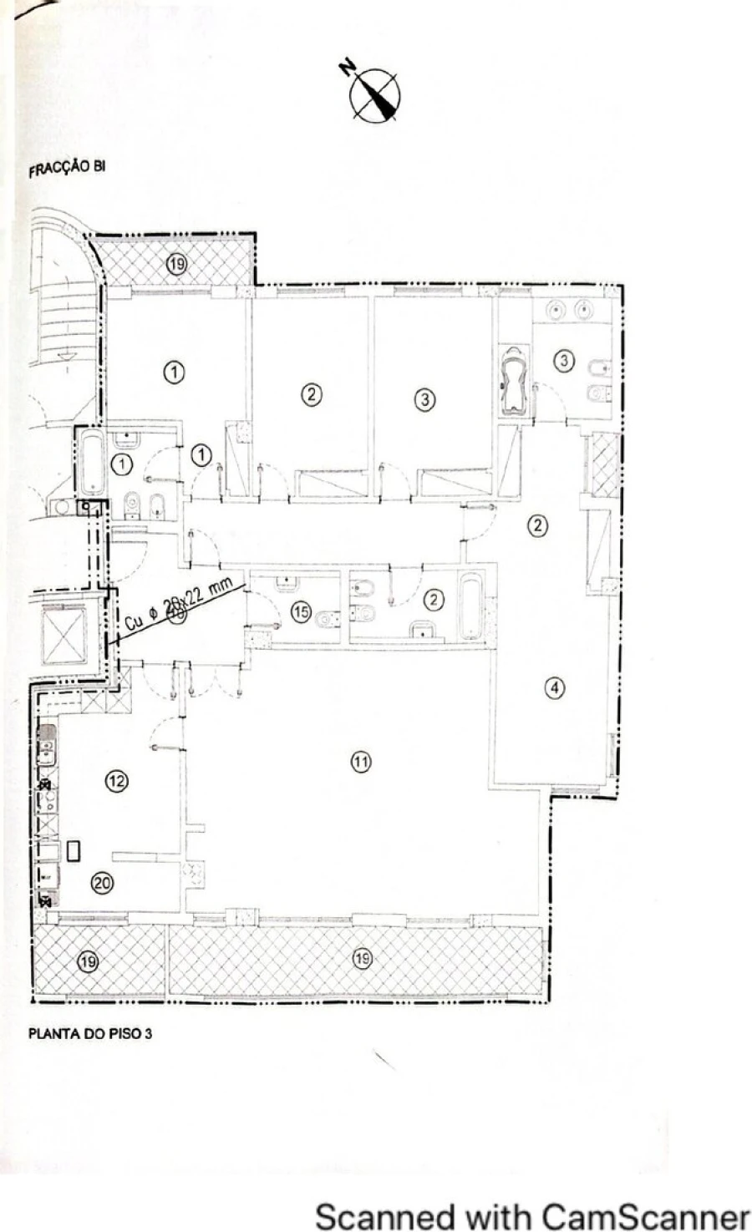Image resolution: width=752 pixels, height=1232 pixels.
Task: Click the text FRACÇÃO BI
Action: pos(67,168)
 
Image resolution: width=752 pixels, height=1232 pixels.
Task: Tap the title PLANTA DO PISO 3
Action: pos(90,1033)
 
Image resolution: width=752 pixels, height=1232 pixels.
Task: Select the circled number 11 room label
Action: pos(361,762)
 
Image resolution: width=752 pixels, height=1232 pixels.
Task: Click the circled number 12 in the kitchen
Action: pos(116,781)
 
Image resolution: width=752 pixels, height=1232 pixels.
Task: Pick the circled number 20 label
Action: pos(102,883)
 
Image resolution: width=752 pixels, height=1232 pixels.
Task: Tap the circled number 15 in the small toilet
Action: pos(301,611)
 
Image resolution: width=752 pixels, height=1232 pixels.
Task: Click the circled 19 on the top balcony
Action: pos(176,264)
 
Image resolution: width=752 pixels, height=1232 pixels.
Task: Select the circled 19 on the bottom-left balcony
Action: pos(87,961)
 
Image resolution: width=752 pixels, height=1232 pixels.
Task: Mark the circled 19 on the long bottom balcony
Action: pos(361,957)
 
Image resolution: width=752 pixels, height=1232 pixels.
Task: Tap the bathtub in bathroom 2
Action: pos(470,606)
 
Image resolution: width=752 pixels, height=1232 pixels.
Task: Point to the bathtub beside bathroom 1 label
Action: pos(91,462)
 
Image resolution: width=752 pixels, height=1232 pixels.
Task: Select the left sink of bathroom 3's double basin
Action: pos(556,311)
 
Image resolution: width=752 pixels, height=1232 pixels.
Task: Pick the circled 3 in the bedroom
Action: pos(425,399)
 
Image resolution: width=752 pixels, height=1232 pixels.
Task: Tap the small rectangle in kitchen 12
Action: pos(74,851)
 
